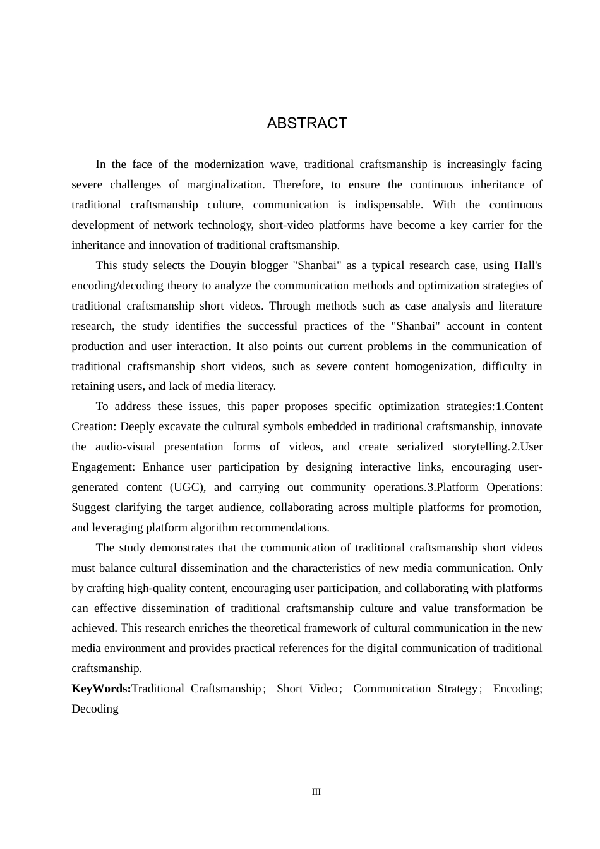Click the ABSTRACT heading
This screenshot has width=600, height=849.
coord(307,123)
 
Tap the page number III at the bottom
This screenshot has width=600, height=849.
coord(316,792)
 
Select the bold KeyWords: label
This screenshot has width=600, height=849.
coord(101,689)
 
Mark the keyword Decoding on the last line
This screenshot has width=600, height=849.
coord(95,709)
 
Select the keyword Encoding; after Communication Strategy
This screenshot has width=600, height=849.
coord(517,689)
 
